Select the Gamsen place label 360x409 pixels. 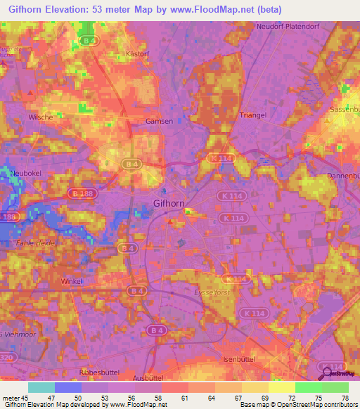159,122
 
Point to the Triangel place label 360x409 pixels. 252,115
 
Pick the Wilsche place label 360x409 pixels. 41,117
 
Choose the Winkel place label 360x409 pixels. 72,281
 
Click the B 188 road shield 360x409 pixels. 81,193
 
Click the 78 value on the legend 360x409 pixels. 345,398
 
